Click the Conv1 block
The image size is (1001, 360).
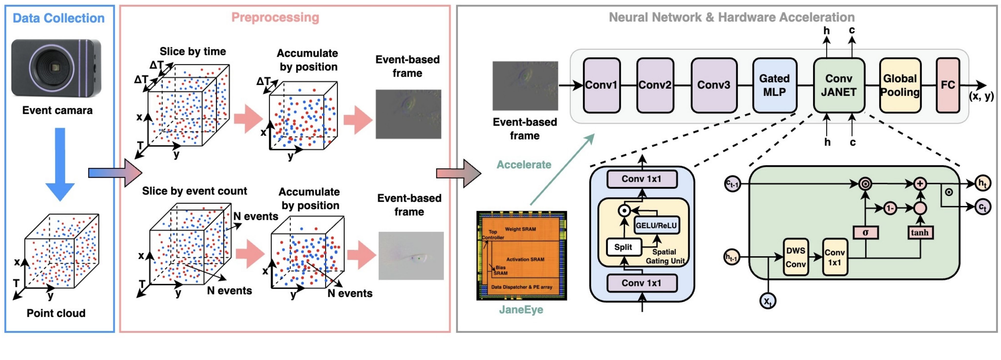point(601,85)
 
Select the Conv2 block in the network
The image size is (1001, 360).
point(655,85)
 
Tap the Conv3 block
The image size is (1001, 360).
point(714,85)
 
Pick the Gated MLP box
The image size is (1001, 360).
point(774,85)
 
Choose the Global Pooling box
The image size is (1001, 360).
point(900,85)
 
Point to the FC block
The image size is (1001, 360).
point(948,85)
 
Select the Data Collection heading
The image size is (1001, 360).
point(59,18)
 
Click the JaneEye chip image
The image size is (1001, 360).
point(521,255)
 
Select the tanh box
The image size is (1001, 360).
point(920,232)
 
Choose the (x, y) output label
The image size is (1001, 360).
point(981,96)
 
